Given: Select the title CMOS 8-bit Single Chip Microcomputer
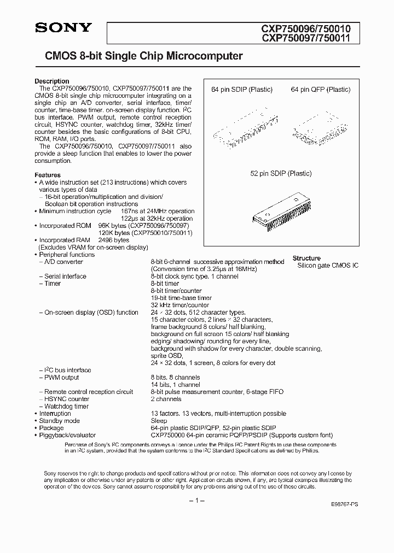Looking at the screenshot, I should coord(139,56).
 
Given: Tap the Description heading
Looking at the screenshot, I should coord(52,81).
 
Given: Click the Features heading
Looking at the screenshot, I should coord(49,175).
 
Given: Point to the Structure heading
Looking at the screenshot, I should coord(306,258).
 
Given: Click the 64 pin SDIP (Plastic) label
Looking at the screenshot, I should coord(242,90).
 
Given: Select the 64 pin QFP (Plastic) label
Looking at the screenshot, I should coord(320,90).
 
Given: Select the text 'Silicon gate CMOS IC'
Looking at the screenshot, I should coord(328,265).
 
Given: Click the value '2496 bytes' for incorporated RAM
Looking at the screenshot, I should coord(113,240).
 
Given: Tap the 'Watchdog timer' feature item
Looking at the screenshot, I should coord(66,406).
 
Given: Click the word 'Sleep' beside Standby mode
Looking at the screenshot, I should coord(159,421).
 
